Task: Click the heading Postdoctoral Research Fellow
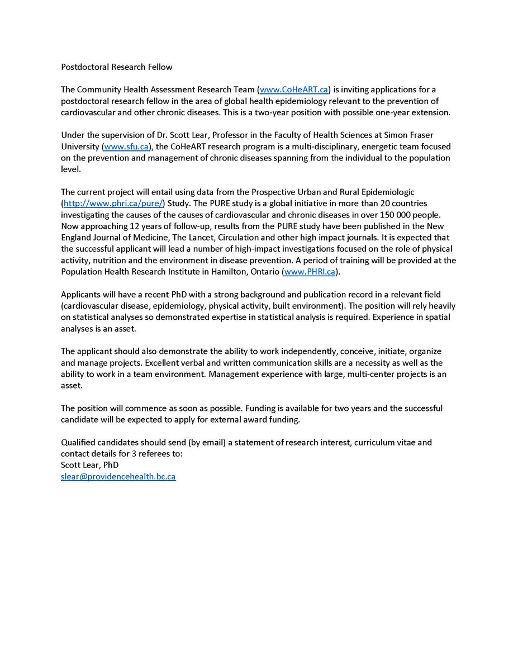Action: (x=117, y=67)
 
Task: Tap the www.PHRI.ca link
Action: (x=309, y=272)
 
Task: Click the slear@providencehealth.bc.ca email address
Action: (x=118, y=477)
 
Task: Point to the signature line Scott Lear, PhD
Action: (x=89, y=465)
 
